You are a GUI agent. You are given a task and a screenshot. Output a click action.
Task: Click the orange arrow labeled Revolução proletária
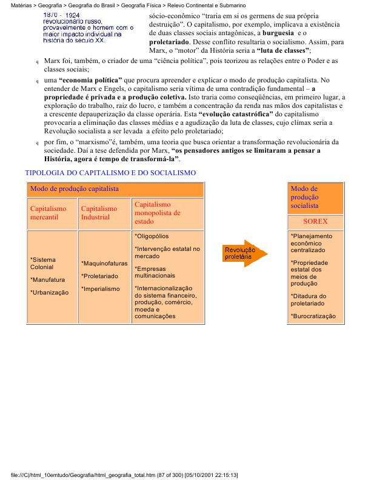(x=245, y=253)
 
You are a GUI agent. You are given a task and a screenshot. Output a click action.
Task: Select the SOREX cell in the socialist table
(x=315, y=222)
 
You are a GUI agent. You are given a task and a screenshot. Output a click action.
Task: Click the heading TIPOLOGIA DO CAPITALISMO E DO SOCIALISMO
(x=110, y=173)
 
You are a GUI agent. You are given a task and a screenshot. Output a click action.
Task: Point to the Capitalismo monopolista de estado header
(x=157, y=213)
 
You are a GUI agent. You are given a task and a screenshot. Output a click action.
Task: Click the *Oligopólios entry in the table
(x=152, y=236)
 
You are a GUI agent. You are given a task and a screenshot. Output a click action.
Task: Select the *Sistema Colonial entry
(x=42, y=263)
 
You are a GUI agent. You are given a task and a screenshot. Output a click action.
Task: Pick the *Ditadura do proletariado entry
(x=309, y=299)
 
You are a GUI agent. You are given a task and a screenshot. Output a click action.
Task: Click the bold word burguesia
(x=279, y=32)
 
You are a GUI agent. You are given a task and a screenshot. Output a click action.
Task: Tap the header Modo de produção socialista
(x=304, y=198)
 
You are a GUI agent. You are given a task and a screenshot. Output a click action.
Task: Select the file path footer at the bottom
(x=128, y=474)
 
